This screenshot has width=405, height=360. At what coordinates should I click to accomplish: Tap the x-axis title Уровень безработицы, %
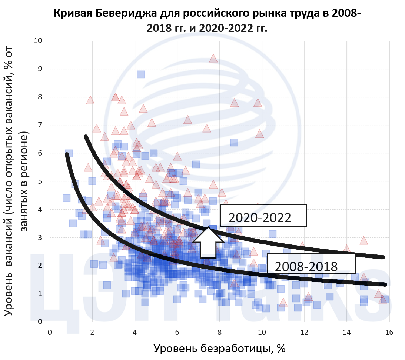point(220,348)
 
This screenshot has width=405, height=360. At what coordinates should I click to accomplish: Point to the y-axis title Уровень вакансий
point(17,181)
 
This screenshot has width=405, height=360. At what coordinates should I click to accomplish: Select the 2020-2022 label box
point(263,216)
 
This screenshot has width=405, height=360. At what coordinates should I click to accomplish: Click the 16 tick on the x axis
point(389,332)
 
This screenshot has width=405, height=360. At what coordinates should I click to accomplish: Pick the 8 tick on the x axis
point(219,332)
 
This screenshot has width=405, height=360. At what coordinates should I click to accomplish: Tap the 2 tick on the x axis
point(92,332)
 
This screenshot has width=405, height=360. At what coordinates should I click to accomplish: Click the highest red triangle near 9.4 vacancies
point(213,59)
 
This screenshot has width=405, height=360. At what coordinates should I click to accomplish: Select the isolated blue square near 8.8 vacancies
point(141,74)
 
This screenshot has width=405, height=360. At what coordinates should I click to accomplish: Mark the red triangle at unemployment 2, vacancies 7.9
point(90,100)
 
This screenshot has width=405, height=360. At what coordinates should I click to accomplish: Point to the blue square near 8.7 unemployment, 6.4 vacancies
point(234,142)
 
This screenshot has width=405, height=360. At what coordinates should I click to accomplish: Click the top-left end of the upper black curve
point(86,137)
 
